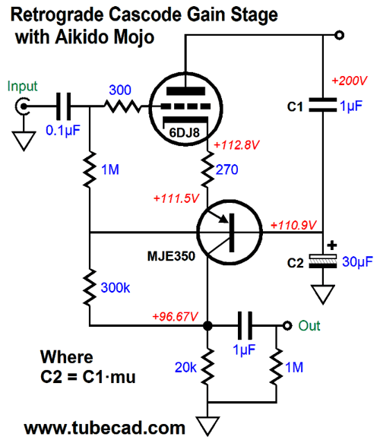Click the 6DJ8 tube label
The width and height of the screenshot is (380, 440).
click(x=185, y=133)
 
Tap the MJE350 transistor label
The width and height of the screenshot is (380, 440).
click(x=171, y=256)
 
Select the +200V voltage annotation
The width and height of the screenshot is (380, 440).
click(x=350, y=81)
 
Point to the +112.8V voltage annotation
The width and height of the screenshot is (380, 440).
click(x=236, y=145)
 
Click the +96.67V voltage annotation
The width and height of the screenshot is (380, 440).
click(x=175, y=317)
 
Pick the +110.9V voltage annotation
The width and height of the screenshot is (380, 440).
click(x=293, y=225)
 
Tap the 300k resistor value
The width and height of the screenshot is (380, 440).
click(x=116, y=288)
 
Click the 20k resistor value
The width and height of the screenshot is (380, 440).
click(x=185, y=367)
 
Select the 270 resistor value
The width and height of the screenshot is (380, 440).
click(x=226, y=169)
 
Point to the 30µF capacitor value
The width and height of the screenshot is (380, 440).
click(x=357, y=262)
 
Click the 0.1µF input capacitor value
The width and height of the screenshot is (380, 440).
click(x=63, y=131)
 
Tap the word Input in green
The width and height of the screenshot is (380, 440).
click(x=22, y=86)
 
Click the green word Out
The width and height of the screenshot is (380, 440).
click(x=309, y=326)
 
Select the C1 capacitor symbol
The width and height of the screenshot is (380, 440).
click(x=323, y=105)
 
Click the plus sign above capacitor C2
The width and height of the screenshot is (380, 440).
click(x=331, y=245)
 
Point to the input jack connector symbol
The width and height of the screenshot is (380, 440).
click(x=23, y=106)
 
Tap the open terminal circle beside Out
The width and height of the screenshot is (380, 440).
click(x=287, y=326)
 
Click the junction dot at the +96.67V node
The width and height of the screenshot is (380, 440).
click(x=207, y=326)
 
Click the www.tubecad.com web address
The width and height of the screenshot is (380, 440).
click(x=105, y=429)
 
